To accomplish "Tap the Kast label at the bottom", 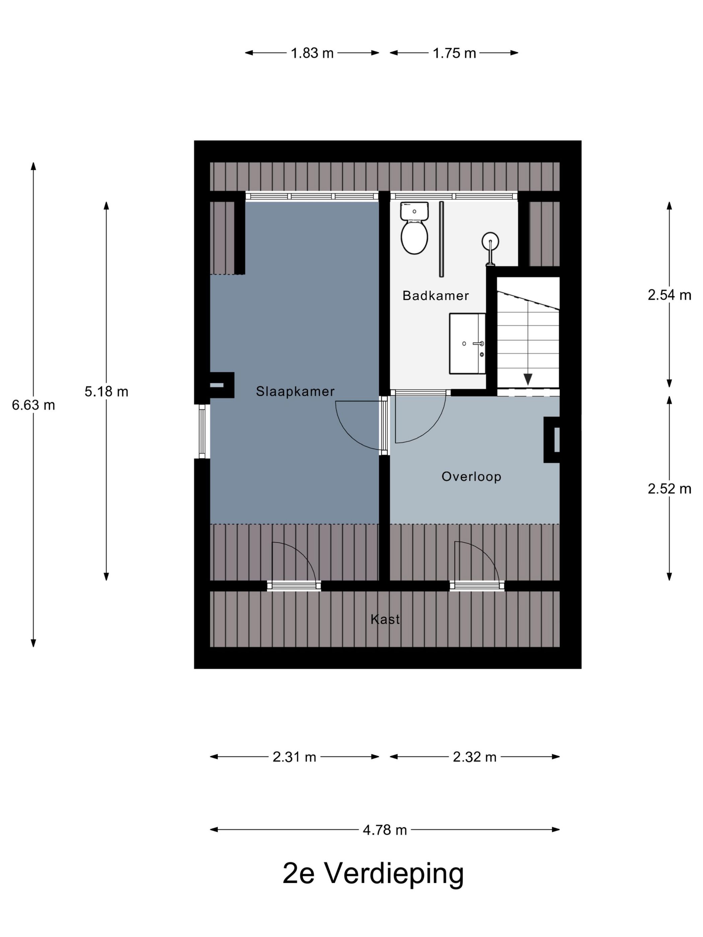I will pyautogui.click(x=384, y=620).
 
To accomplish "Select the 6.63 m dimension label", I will pyautogui.click(x=33, y=405).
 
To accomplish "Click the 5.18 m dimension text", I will pyautogui.click(x=106, y=392).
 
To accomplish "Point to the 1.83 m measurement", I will pyautogui.click(x=312, y=53).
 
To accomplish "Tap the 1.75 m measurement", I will pyautogui.click(x=454, y=53).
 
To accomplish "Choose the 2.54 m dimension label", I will pyautogui.click(x=669, y=295).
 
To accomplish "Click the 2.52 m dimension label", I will pyautogui.click(x=669, y=489).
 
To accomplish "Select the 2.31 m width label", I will pyautogui.click(x=294, y=757).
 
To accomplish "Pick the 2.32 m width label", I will pyautogui.click(x=474, y=757).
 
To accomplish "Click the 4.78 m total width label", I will pyautogui.click(x=384, y=830).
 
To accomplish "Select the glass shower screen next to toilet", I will pyautogui.click(x=441, y=239).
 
